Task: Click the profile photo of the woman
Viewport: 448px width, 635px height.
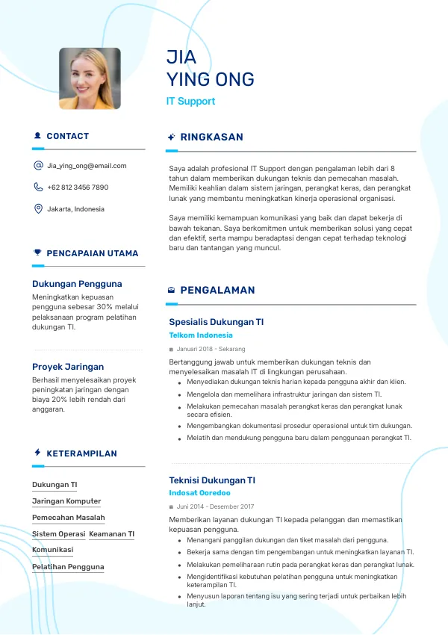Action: [x=90, y=78]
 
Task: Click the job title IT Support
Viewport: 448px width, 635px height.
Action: [x=190, y=102]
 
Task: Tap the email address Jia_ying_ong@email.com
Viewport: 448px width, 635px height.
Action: [x=87, y=166]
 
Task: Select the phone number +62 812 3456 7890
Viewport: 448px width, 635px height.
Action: [x=78, y=188]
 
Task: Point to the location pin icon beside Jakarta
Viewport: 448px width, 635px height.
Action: [x=38, y=209]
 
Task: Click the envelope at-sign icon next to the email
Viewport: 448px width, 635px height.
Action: [x=38, y=166]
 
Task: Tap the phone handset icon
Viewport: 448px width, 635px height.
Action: [x=38, y=188]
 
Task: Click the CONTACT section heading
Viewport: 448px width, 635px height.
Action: [x=67, y=136]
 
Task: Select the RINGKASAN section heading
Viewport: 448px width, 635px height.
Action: [x=211, y=137]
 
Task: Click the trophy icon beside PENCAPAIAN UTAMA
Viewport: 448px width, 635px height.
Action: [x=37, y=253]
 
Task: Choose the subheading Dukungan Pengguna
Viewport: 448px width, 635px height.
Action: [x=77, y=284]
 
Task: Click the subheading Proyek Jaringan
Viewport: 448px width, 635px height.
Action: [x=68, y=367]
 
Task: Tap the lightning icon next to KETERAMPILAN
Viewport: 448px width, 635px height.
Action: [x=37, y=453]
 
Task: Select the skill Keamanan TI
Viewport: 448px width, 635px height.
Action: [x=111, y=534]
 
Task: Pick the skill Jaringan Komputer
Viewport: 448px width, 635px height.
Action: [x=66, y=501]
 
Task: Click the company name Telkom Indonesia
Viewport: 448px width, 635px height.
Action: [x=201, y=335]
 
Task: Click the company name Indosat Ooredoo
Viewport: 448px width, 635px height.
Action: [x=199, y=493]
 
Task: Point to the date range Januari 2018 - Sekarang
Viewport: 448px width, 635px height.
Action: [x=211, y=349]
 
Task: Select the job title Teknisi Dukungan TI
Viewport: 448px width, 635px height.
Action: [x=212, y=480]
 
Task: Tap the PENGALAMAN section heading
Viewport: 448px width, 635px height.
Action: [x=217, y=290]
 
